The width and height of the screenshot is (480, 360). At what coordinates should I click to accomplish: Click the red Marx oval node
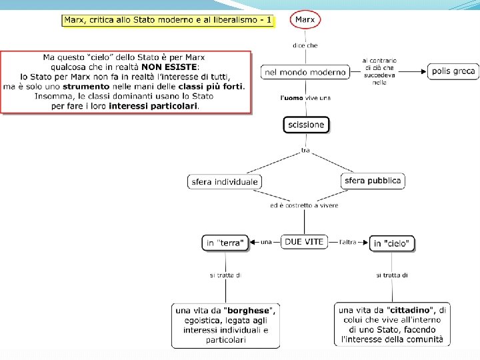(305, 20)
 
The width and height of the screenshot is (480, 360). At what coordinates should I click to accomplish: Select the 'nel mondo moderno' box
(305, 72)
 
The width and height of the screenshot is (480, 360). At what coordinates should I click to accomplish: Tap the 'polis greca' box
(453, 71)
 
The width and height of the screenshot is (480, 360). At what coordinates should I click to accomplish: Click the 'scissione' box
(306, 125)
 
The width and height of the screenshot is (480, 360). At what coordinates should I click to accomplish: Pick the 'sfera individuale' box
(224, 181)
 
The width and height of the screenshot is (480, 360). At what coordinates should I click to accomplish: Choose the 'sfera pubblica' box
(373, 181)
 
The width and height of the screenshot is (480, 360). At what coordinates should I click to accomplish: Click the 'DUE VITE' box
(304, 242)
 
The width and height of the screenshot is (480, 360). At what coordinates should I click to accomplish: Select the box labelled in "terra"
(225, 243)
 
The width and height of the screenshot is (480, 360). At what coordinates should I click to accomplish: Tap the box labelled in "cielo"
(391, 243)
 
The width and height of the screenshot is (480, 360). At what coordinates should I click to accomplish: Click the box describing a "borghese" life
(225, 325)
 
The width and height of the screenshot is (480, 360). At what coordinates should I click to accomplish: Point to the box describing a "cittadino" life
(392, 325)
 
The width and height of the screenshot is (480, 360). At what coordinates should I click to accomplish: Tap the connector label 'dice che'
(305, 45)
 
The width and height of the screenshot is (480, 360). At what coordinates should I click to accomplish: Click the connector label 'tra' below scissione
(305, 151)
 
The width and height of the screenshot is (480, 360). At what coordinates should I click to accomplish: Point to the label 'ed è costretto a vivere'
(304, 205)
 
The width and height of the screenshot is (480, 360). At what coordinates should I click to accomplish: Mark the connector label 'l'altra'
(348, 241)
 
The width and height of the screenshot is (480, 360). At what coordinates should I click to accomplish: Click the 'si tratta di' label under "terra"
(225, 275)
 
